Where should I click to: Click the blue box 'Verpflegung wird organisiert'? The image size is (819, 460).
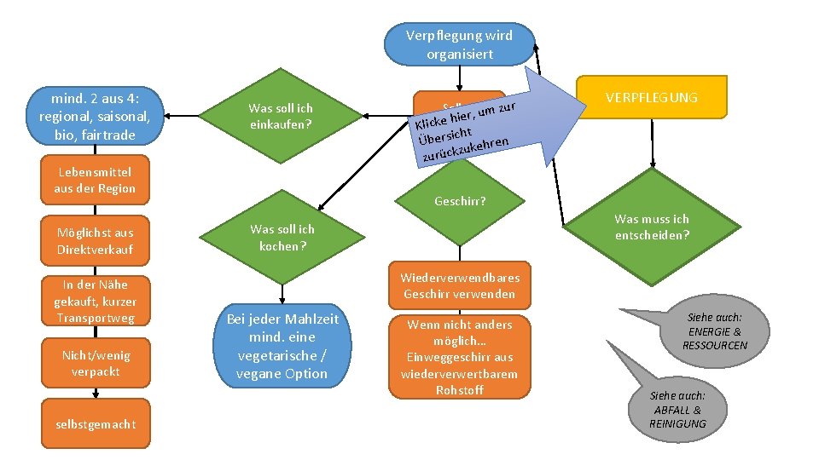pyautogui.click(x=459, y=44)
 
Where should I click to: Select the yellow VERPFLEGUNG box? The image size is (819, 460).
pyautogui.click(x=651, y=97)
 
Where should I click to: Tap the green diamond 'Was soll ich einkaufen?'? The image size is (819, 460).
pyautogui.click(x=281, y=117)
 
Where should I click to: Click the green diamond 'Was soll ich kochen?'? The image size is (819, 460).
pyautogui.click(x=282, y=238)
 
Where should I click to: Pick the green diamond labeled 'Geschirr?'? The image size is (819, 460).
pyautogui.click(x=460, y=202)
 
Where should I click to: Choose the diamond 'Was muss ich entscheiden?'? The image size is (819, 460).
pyautogui.click(x=652, y=227)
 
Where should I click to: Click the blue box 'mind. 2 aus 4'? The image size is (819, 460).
pyautogui.click(x=95, y=116)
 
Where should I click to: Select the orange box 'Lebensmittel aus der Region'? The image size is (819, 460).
pyautogui.click(x=95, y=180)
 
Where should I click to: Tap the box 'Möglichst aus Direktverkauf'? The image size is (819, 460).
pyautogui.click(x=95, y=240)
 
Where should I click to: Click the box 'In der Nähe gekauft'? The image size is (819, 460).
pyautogui.click(x=95, y=301)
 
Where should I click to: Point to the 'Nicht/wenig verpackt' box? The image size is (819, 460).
pyautogui.click(x=96, y=363)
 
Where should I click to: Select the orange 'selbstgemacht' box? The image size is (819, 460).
pyautogui.click(x=95, y=424)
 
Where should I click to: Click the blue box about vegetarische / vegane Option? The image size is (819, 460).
pyautogui.click(x=282, y=346)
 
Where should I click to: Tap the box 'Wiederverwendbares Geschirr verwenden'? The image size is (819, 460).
pyautogui.click(x=460, y=285)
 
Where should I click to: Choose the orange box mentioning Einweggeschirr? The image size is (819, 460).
pyautogui.click(x=460, y=357)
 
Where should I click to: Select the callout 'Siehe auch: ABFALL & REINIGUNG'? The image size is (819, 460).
pyautogui.click(x=678, y=409)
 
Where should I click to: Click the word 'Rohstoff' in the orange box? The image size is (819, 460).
pyautogui.click(x=460, y=389)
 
